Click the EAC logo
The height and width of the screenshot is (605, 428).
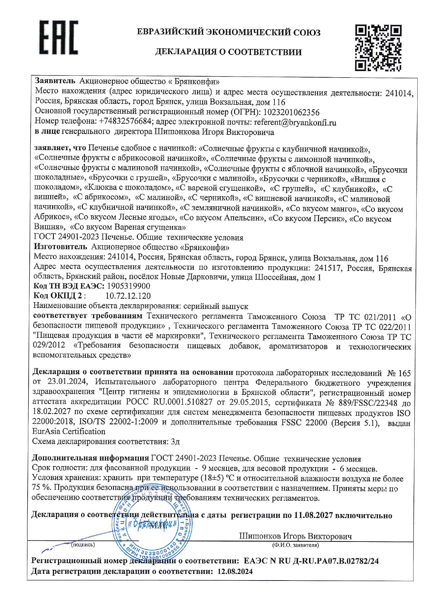click(x=58, y=38)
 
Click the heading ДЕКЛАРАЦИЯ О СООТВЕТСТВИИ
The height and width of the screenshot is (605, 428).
click(x=228, y=52)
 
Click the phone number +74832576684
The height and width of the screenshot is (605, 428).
click(x=125, y=122)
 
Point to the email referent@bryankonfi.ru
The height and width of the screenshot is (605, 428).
click(x=295, y=122)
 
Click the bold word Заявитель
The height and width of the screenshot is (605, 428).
click(x=55, y=81)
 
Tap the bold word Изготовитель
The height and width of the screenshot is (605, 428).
click(x=60, y=247)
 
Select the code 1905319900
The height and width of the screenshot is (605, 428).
click(x=128, y=286)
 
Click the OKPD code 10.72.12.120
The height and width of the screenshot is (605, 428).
click(x=128, y=296)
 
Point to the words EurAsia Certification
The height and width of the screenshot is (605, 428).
click(x=69, y=432)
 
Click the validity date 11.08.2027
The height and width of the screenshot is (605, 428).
click(x=313, y=515)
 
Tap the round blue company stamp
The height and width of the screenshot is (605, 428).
click(x=152, y=530)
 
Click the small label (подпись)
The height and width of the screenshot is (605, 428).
click(x=83, y=545)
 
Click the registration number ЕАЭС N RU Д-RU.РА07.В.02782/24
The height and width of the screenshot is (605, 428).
click(x=311, y=561)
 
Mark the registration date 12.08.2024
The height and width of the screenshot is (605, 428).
click(x=235, y=572)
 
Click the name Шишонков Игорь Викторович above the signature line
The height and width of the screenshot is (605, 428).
click(x=295, y=536)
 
